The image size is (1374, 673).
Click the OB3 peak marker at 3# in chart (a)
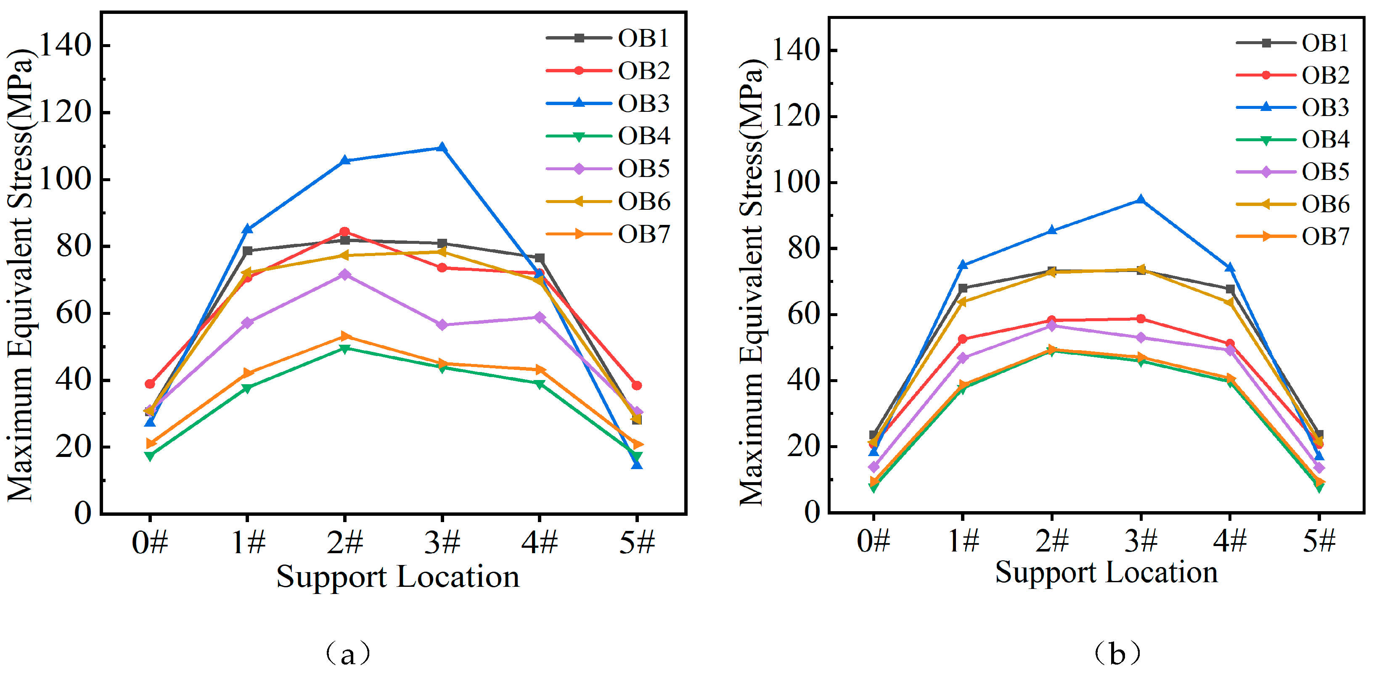click(x=442, y=148)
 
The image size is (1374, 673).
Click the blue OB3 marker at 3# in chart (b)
click(x=1141, y=200)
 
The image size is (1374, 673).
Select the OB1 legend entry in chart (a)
click(x=608, y=38)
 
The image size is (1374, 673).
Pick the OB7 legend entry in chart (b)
click(x=1293, y=236)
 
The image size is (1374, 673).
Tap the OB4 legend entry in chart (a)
click(x=608, y=136)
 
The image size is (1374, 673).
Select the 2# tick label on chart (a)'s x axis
click(x=344, y=542)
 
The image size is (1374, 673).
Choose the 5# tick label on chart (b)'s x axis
click(x=1318, y=540)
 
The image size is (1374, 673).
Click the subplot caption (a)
click(x=347, y=653)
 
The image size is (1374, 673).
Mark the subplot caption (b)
click(x=1117, y=653)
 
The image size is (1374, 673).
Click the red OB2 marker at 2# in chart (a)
click(x=344, y=232)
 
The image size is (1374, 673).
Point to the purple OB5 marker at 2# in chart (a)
click(x=344, y=274)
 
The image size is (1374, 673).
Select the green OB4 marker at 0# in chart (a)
click(x=150, y=456)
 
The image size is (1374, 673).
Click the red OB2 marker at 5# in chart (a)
click(x=636, y=385)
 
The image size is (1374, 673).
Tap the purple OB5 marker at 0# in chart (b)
click(x=874, y=467)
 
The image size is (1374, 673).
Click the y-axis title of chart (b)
click(x=752, y=282)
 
